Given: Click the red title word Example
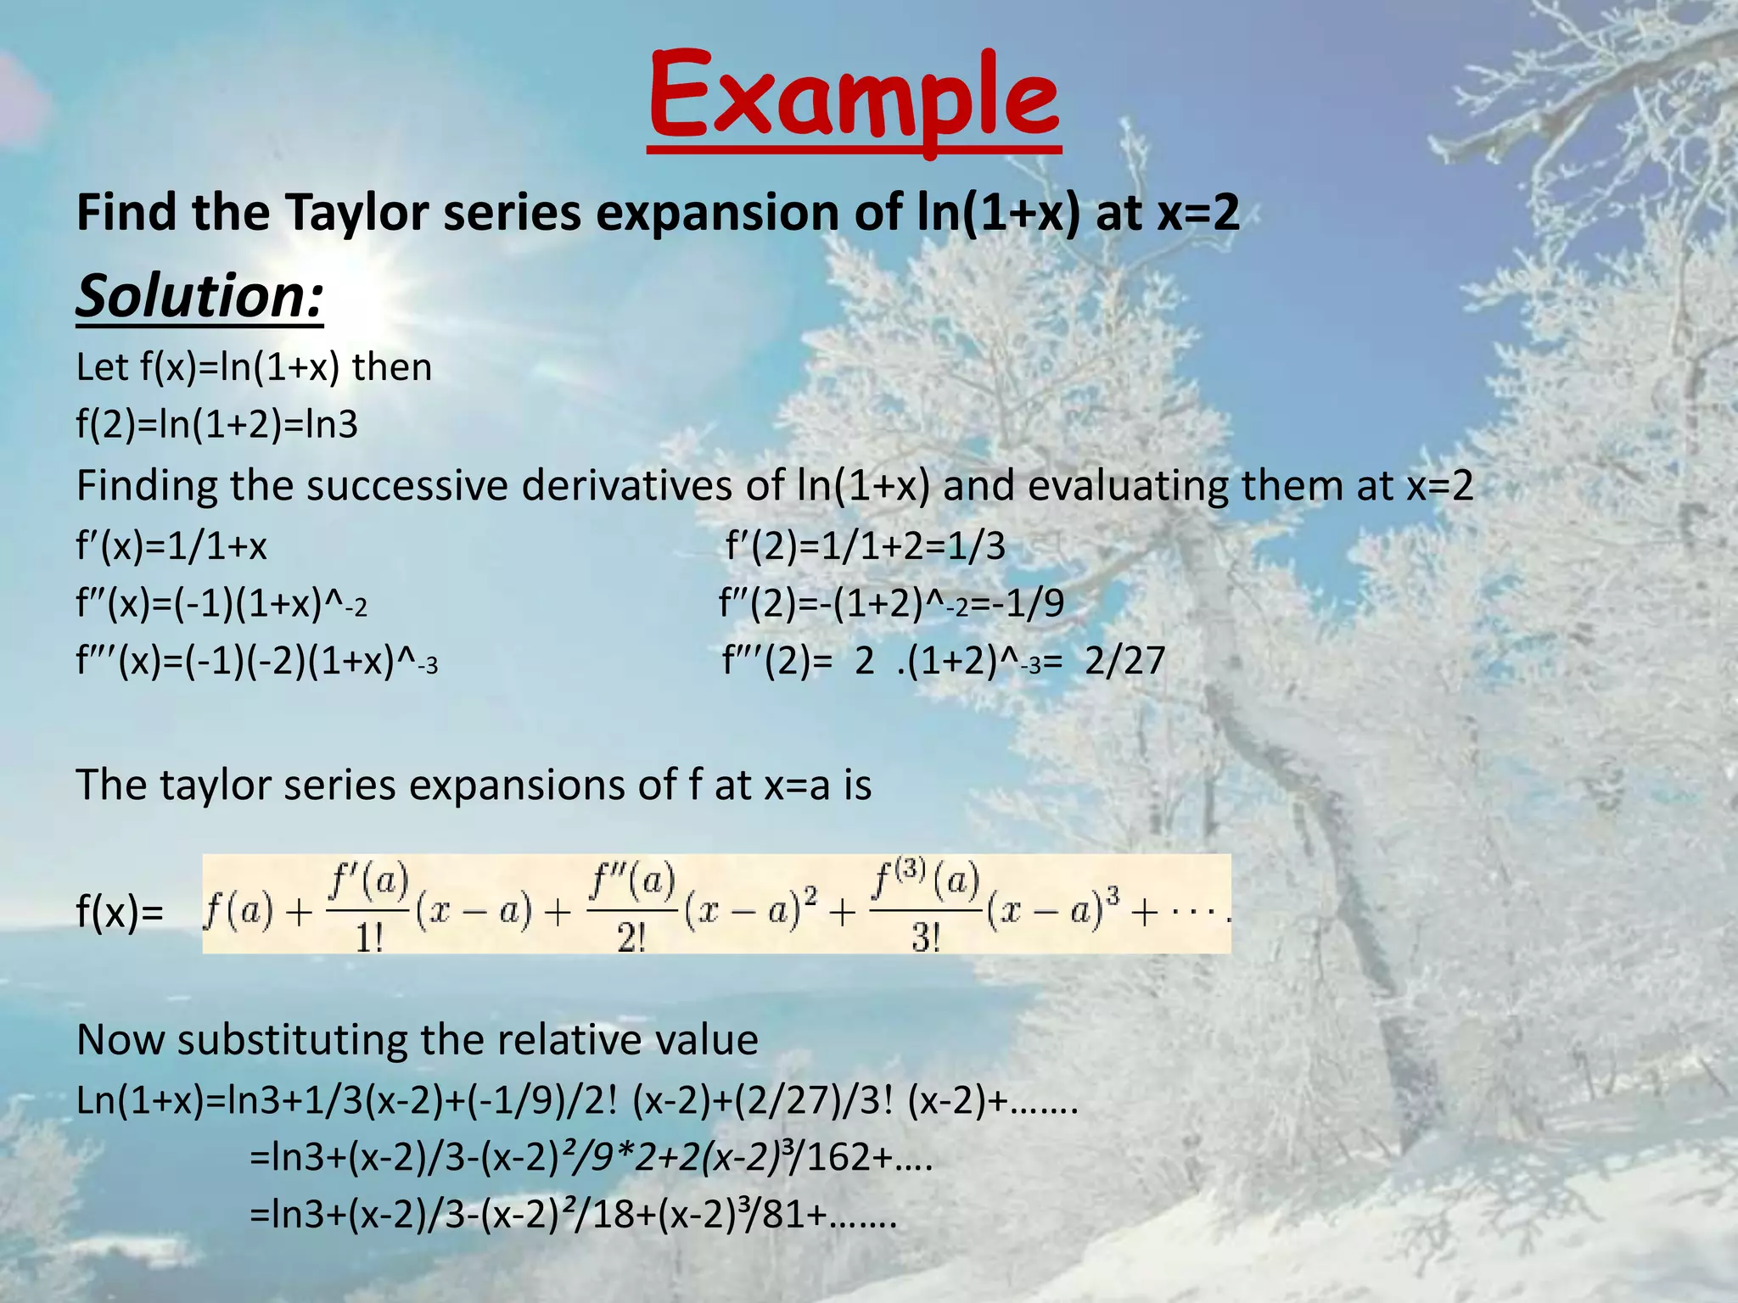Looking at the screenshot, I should click(854, 98).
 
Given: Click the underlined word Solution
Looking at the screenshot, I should click(199, 296).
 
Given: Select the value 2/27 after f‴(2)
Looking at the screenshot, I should click(1125, 661).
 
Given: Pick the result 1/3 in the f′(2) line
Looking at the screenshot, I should click(976, 546).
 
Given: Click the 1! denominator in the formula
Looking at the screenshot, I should click(369, 938).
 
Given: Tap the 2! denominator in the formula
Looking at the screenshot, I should click(631, 938).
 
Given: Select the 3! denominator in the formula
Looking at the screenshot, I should click(926, 938).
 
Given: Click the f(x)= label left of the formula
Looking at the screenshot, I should click(120, 913).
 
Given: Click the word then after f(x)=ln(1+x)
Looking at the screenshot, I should click(392, 367).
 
